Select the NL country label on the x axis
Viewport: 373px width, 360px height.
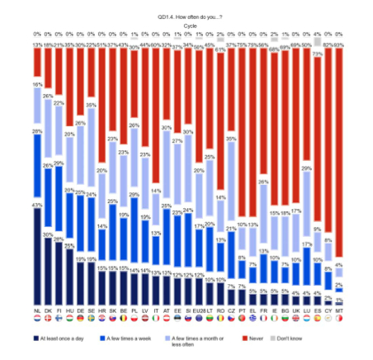[37, 310]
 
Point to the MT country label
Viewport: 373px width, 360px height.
[339, 310]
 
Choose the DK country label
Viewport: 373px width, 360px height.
[50, 310]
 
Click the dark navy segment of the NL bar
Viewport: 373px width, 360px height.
[37, 256]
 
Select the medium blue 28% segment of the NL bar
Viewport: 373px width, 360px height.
[37, 165]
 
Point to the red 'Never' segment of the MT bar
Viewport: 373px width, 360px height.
[339, 149]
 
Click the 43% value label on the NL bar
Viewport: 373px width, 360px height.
[36, 205]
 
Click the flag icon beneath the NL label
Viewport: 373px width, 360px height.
[37, 318]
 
